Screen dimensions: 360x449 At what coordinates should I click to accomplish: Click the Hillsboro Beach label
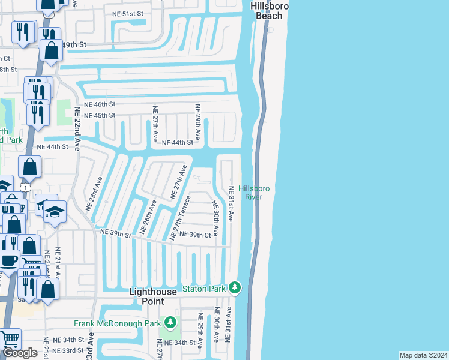[x=269, y=11]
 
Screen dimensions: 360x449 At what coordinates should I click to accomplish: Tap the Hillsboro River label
[x=254, y=193]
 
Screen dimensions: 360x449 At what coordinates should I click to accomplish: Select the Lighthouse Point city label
[x=154, y=296]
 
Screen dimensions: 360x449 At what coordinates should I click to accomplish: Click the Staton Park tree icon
[x=235, y=289]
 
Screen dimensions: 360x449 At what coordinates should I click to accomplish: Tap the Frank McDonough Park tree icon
[x=171, y=323]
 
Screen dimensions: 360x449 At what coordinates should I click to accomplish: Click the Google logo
[x=20, y=353]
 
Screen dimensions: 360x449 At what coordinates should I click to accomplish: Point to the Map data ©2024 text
[x=423, y=355]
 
